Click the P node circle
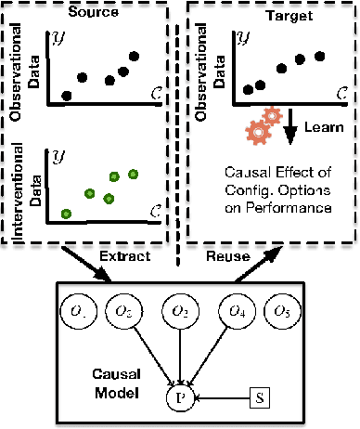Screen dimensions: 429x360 click(x=180, y=399)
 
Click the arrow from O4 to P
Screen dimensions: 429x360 click(x=209, y=355)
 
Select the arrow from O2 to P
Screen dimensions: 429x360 click(x=180, y=357)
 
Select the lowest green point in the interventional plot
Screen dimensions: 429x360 click(x=67, y=214)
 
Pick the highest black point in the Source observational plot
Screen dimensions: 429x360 click(x=135, y=58)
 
